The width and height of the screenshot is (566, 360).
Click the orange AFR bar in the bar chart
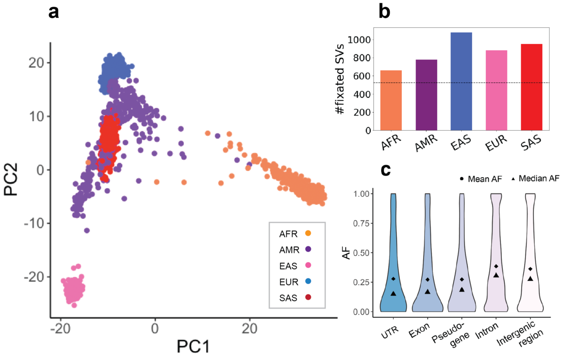pos(391,100)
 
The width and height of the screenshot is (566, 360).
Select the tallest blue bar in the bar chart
pos(461,81)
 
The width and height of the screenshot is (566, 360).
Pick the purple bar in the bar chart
pos(426,95)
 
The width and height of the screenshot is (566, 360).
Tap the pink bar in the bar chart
pos(496,90)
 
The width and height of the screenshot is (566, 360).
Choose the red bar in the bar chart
pos(532,87)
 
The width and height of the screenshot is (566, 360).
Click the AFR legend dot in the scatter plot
pos(308,233)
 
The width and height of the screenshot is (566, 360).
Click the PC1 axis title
pos(193,347)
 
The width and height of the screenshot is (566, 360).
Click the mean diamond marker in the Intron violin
pos(496,266)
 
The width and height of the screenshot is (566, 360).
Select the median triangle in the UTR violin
pos(393,293)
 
